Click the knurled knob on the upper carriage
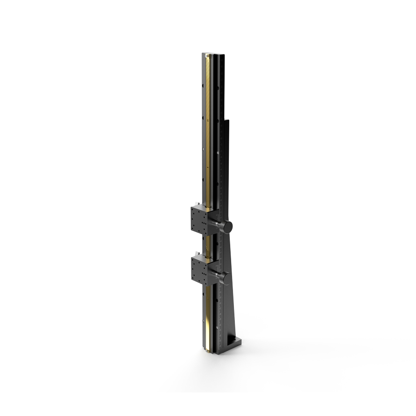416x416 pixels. click(x=226, y=226)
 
